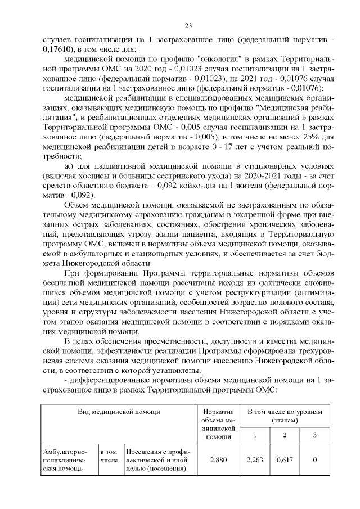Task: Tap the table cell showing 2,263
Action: point(255,460)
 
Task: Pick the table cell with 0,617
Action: point(285,460)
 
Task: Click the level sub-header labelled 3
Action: point(315,434)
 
